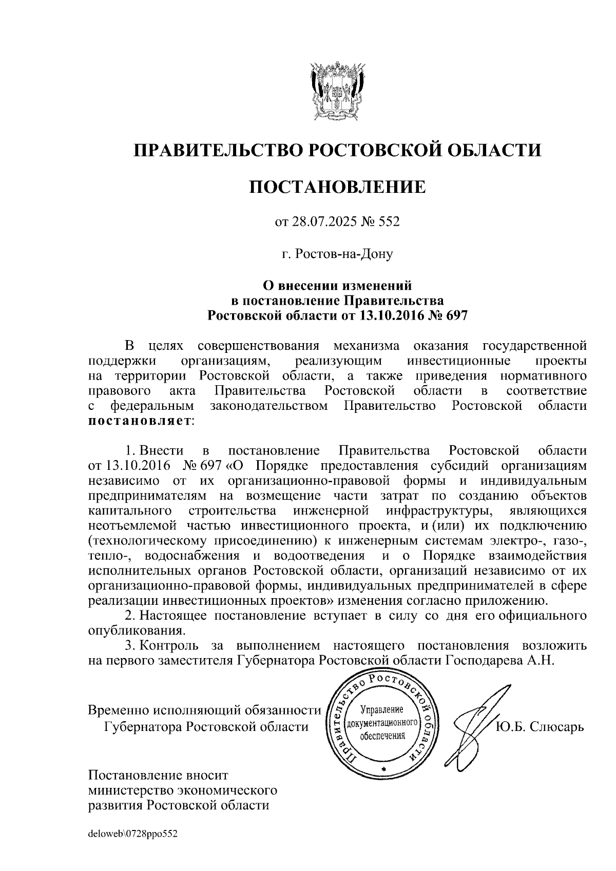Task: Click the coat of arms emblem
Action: [x=337, y=91]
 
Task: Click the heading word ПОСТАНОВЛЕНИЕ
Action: [x=337, y=187]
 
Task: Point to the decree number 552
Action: [x=389, y=222]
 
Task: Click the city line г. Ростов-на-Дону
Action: [x=337, y=253]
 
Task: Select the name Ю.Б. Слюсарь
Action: [x=540, y=727]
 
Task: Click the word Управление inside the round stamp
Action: [x=382, y=710]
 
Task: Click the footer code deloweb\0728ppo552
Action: [x=132, y=835]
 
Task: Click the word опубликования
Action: [x=134, y=630]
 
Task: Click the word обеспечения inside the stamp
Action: [x=382, y=735]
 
